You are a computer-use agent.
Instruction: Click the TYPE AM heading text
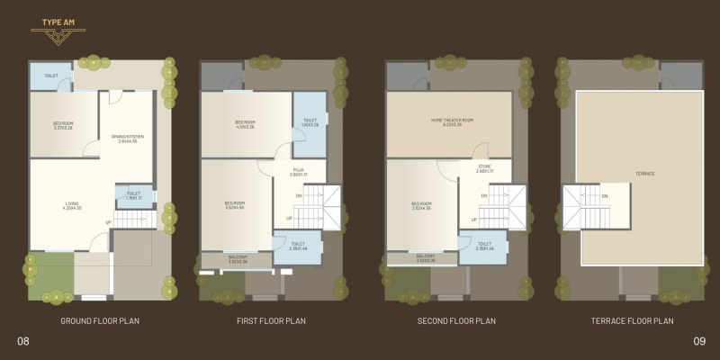pyautogui.click(x=56, y=20)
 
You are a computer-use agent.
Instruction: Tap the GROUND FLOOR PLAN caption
pyautogui.click(x=100, y=321)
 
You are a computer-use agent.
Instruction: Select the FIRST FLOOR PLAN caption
pyautogui.click(x=272, y=321)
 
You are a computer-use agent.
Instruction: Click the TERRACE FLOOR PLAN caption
pyautogui.click(x=632, y=321)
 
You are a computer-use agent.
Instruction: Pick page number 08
pyautogui.click(x=23, y=340)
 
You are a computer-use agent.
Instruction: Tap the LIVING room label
pyautogui.click(x=72, y=204)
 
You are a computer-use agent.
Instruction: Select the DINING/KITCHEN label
pyautogui.click(x=128, y=137)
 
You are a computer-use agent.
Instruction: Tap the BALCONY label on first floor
pyautogui.click(x=235, y=258)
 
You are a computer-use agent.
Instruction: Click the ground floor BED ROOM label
pyautogui.click(x=61, y=125)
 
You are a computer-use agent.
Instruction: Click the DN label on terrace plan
pyautogui.click(x=604, y=196)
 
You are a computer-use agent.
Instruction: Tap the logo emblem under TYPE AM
pyautogui.click(x=56, y=37)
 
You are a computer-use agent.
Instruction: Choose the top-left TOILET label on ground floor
pyautogui.click(x=51, y=76)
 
